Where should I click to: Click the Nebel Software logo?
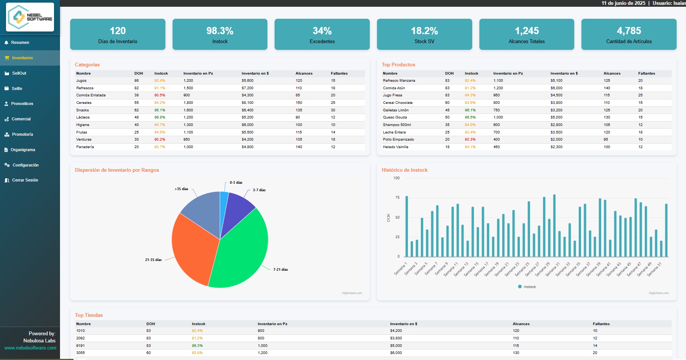click(30, 17)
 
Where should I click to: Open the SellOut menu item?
click(19, 73)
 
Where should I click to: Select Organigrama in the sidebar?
click(23, 150)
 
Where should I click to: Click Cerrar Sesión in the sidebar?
click(25, 180)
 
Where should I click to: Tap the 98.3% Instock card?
click(220, 34)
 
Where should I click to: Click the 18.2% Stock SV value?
click(424, 31)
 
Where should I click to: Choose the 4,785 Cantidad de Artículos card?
click(629, 34)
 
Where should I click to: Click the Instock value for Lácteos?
click(160, 117)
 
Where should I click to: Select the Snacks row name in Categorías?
click(83, 110)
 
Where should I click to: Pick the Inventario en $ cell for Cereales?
click(248, 103)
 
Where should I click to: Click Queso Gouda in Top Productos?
click(395, 117)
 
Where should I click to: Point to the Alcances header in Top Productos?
click(612, 73)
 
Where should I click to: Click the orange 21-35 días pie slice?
click(193, 251)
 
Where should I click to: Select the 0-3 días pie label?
click(236, 183)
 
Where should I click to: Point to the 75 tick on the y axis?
click(397, 198)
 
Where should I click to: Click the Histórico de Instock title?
click(404, 170)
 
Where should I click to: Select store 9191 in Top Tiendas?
click(80, 346)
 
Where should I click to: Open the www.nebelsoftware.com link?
click(30, 348)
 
